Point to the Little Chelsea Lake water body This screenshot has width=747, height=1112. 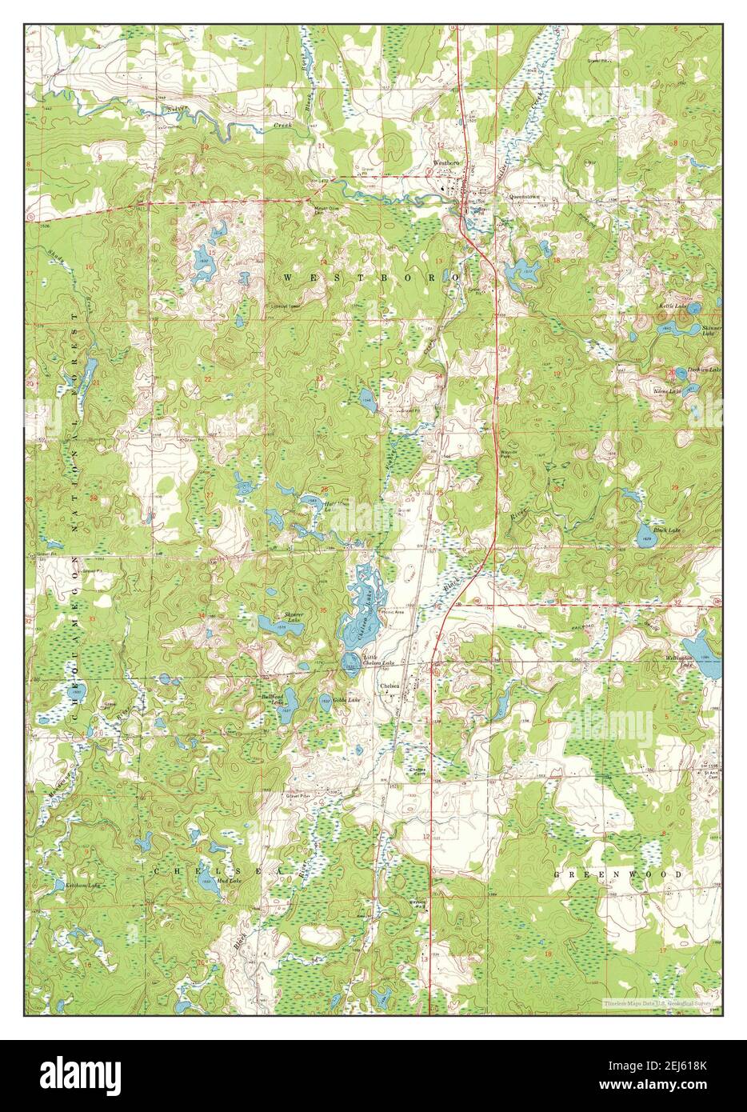pyautogui.click(x=350, y=661)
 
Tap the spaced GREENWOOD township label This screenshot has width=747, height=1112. pyautogui.click(x=618, y=874)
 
